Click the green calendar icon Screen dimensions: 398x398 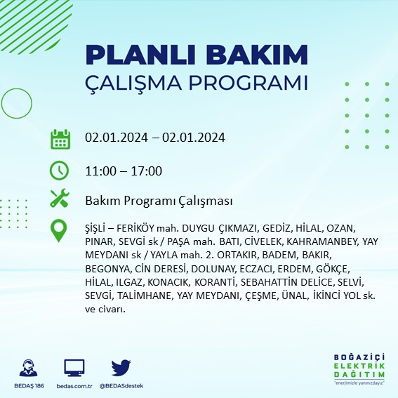(60, 138)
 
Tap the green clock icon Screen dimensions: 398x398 (60, 170)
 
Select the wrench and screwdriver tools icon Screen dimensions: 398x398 (60, 199)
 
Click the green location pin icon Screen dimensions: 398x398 (60, 230)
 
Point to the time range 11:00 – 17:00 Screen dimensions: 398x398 (124, 171)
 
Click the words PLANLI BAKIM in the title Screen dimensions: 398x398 (196, 55)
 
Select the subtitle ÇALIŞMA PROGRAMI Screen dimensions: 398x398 (196, 82)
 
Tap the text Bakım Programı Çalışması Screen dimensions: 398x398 (158, 201)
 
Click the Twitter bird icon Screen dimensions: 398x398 (121, 367)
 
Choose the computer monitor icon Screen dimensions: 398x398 (74, 367)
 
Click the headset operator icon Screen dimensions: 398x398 (29, 367)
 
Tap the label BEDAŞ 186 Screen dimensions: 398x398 (29, 385)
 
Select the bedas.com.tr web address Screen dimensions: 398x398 (74, 385)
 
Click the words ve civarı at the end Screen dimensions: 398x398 (105, 309)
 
